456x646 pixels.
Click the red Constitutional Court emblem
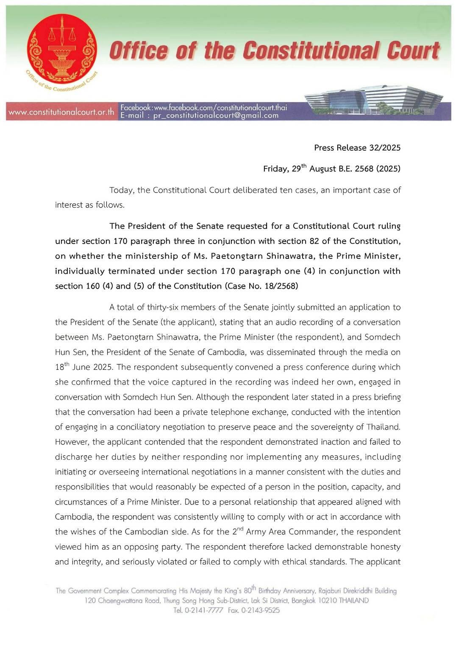(61, 50)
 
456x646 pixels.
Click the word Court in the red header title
(413, 51)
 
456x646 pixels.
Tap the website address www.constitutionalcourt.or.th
(61, 112)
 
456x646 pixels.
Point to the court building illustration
(373, 101)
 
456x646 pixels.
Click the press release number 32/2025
(384, 148)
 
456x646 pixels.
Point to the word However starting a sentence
(72, 442)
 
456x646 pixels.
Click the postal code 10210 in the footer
(327, 601)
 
